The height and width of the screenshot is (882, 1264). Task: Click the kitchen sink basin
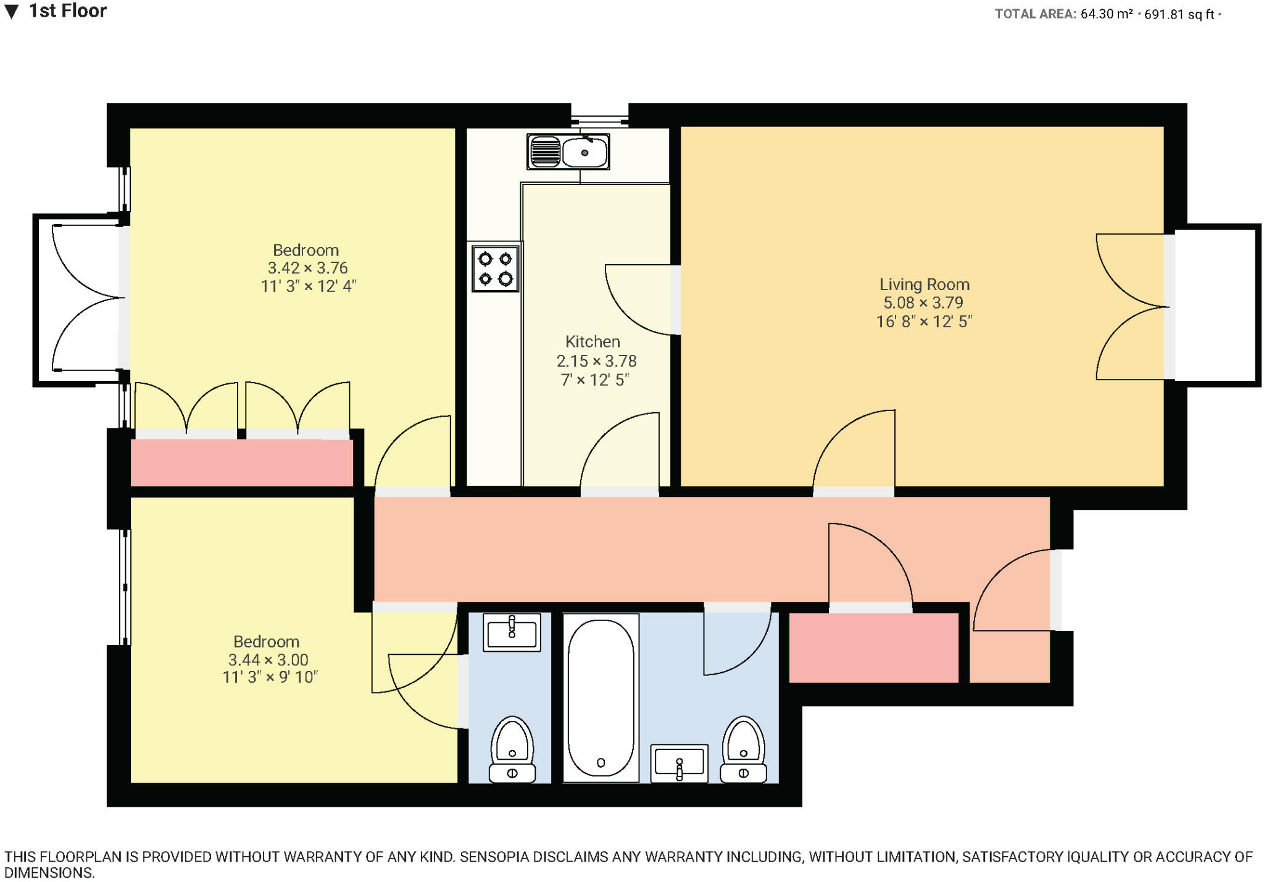point(584,152)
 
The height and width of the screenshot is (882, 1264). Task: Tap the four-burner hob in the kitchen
point(495,269)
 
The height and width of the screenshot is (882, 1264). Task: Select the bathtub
point(601,697)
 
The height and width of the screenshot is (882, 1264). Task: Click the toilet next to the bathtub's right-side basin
point(743,749)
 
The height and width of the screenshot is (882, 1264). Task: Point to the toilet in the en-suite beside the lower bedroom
point(512,749)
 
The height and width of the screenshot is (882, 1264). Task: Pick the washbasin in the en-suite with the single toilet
point(512,632)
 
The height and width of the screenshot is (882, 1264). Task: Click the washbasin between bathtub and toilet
point(679,763)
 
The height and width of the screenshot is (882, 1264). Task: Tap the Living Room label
point(924,285)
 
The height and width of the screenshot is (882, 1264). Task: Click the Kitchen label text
point(592,341)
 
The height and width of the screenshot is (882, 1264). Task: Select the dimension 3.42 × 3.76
point(307,268)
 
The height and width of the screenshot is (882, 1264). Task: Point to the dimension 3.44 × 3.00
point(268,659)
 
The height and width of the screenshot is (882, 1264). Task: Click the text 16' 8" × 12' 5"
point(924,322)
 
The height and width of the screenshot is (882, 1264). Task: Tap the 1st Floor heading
point(68,11)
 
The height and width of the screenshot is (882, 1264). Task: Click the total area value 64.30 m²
point(1106,14)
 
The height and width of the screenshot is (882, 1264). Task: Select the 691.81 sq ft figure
point(1179,14)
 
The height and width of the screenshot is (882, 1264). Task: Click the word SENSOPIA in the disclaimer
point(497,857)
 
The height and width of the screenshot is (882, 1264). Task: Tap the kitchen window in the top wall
point(599,115)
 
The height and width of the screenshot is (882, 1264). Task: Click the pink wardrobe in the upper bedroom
point(241,462)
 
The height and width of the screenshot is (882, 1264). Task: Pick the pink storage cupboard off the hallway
point(874,647)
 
